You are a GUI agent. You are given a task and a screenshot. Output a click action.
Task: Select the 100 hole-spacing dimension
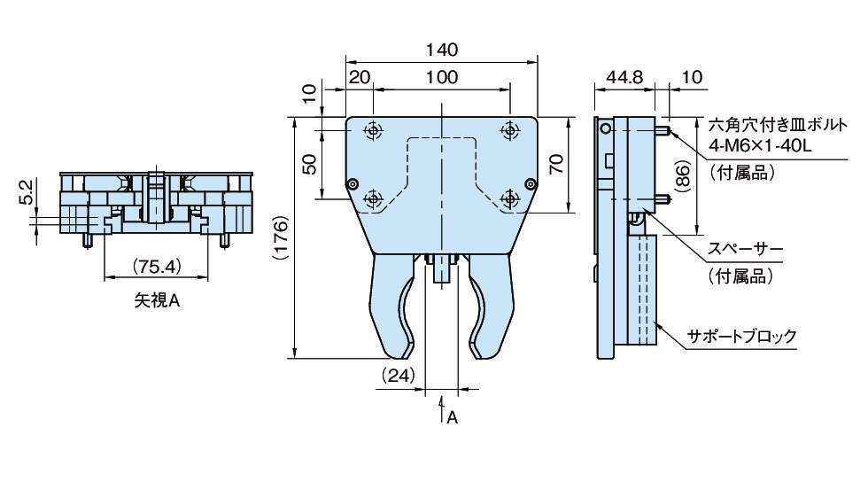coord(441,77)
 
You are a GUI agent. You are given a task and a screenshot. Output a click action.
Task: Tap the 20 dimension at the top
coord(359,77)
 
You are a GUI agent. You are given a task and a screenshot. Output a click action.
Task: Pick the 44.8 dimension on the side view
coord(624,77)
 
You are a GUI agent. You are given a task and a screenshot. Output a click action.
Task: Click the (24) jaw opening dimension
coord(398,375)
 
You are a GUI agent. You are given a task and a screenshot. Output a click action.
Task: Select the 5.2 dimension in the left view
coord(26,190)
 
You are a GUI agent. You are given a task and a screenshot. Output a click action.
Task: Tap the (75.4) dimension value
coord(157,266)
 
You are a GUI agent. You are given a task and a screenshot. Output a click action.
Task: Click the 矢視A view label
coord(157,301)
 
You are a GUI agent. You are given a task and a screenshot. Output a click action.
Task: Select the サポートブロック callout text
coord(742,336)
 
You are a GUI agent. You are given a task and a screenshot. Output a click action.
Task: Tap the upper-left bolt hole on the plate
coord(373,131)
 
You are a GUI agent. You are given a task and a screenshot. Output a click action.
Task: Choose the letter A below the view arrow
coord(451,417)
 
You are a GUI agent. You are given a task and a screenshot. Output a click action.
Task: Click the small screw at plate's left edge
coord(353,184)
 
